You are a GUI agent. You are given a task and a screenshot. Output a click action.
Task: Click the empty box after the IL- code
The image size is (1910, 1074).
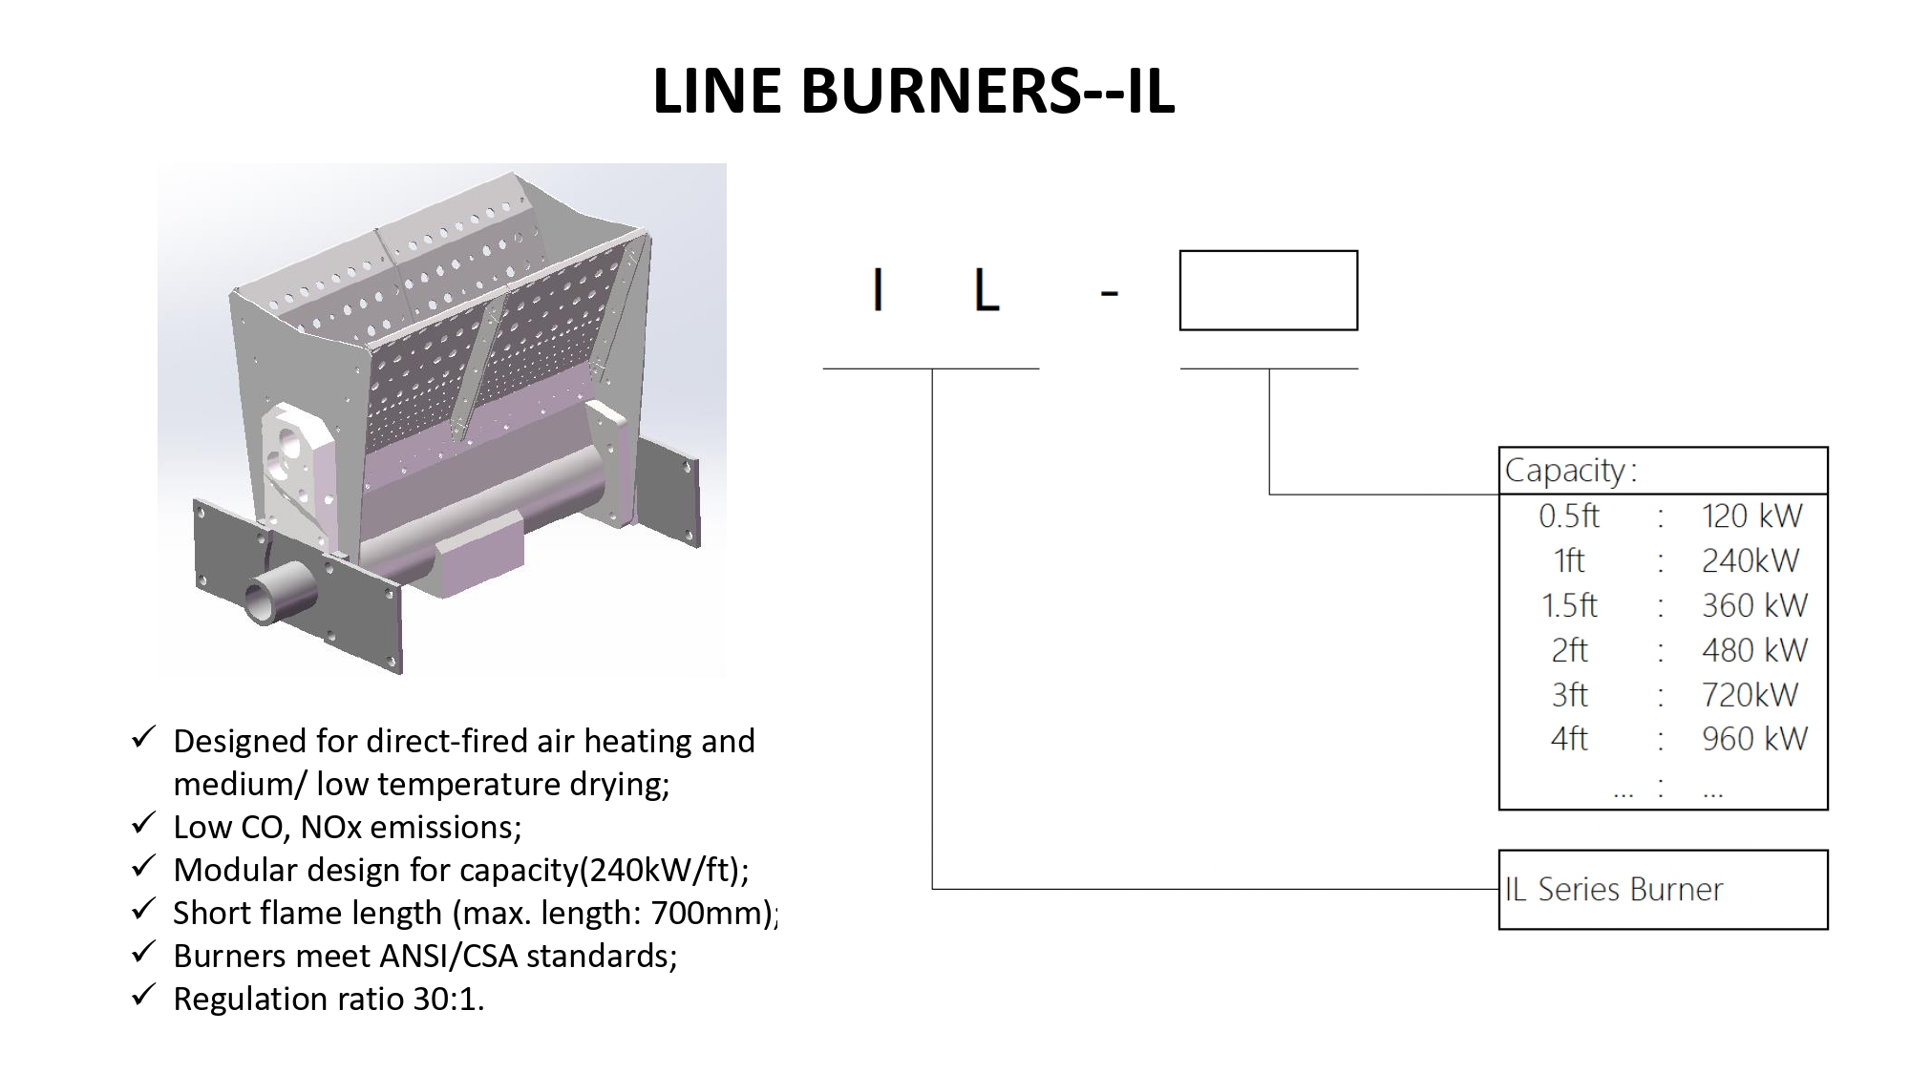click(1268, 290)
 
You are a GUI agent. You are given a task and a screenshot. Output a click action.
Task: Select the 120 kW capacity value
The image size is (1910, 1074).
click(1751, 516)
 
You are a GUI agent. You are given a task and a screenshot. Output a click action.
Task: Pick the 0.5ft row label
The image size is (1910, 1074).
click(1568, 516)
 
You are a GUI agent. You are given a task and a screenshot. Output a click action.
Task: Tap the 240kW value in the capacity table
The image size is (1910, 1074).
click(1750, 561)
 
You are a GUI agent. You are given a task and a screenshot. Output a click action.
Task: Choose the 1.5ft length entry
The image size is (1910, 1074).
click(1569, 605)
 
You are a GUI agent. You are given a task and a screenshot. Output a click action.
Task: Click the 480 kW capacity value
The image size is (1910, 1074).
click(1754, 650)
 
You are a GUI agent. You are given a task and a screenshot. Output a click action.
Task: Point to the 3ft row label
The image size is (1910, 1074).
click(1569, 695)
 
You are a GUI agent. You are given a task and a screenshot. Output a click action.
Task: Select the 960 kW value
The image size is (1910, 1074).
click(1754, 739)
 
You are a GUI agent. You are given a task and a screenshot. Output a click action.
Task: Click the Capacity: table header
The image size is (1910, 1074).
click(1571, 470)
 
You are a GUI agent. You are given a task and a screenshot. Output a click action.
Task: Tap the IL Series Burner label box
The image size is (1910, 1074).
click(1663, 890)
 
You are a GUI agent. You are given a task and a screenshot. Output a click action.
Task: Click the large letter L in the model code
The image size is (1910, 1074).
click(987, 290)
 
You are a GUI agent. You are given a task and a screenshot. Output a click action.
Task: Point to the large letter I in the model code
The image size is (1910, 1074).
click(878, 290)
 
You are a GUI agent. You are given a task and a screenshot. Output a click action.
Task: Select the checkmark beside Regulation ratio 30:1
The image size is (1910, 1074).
click(143, 996)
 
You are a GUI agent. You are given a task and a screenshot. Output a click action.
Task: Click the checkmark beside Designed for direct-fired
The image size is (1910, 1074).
click(143, 738)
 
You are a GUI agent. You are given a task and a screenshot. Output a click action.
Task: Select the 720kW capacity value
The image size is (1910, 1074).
click(1750, 695)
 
